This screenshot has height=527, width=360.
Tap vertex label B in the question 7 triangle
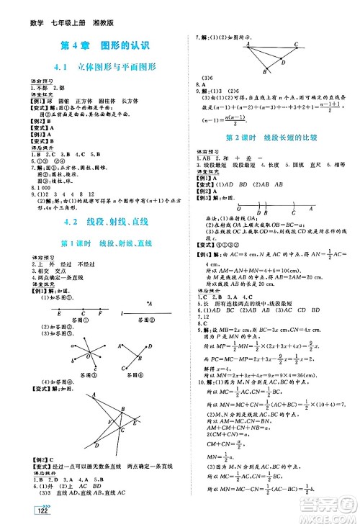(x=264, y=71)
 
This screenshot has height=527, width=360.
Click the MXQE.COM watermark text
(x=328, y=515)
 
